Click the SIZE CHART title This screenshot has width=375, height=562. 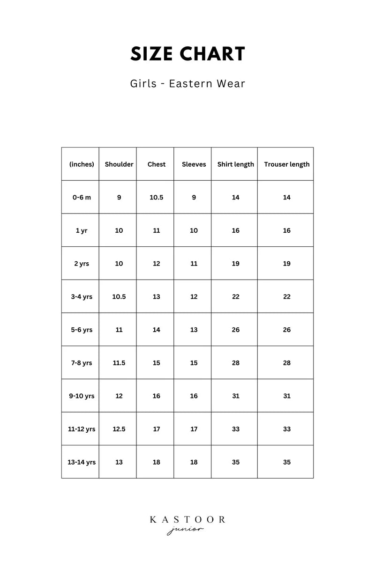[x=187, y=54]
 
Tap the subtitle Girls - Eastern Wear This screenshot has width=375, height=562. [x=187, y=84]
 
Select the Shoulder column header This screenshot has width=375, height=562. [x=119, y=164]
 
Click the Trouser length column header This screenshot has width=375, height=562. [x=286, y=164]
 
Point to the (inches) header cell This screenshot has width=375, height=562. [x=82, y=164]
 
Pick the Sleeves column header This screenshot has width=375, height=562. [x=194, y=164]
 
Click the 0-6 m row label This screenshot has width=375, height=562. [x=82, y=198]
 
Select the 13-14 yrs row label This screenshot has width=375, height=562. [x=82, y=462]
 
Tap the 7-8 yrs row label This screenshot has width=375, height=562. [x=82, y=363]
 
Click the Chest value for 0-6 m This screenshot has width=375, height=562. [x=156, y=198]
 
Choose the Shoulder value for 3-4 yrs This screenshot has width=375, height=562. [x=119, y=297]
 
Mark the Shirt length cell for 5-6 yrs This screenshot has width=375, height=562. [x=235, y=330]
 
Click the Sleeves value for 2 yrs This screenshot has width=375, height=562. [x=194, y=264]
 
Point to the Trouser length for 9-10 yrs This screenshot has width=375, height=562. [x=286, y=396]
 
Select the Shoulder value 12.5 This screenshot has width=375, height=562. [x=119, y=429]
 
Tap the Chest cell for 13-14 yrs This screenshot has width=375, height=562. [x=156, y=462]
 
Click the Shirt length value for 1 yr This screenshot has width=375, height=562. [x=235, y=230]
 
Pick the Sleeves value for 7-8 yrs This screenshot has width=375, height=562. [x=194, y=363]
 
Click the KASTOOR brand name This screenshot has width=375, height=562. [x=187, y=520]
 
